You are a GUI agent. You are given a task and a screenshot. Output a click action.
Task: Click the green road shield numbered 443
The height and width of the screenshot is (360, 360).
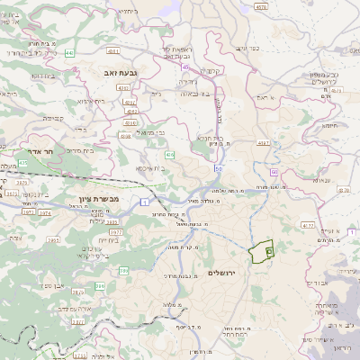70,52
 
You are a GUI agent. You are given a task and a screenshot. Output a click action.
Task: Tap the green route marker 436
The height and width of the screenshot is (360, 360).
169,157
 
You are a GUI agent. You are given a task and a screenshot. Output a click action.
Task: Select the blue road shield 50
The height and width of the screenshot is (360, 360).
218,167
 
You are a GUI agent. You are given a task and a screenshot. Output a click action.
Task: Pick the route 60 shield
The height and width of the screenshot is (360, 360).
274,170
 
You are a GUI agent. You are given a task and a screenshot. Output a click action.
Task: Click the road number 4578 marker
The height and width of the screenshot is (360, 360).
262,6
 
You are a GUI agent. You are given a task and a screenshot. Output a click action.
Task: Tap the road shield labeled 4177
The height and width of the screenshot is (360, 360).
309,226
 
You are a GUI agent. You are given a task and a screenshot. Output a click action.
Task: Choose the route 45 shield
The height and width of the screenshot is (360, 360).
184,65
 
